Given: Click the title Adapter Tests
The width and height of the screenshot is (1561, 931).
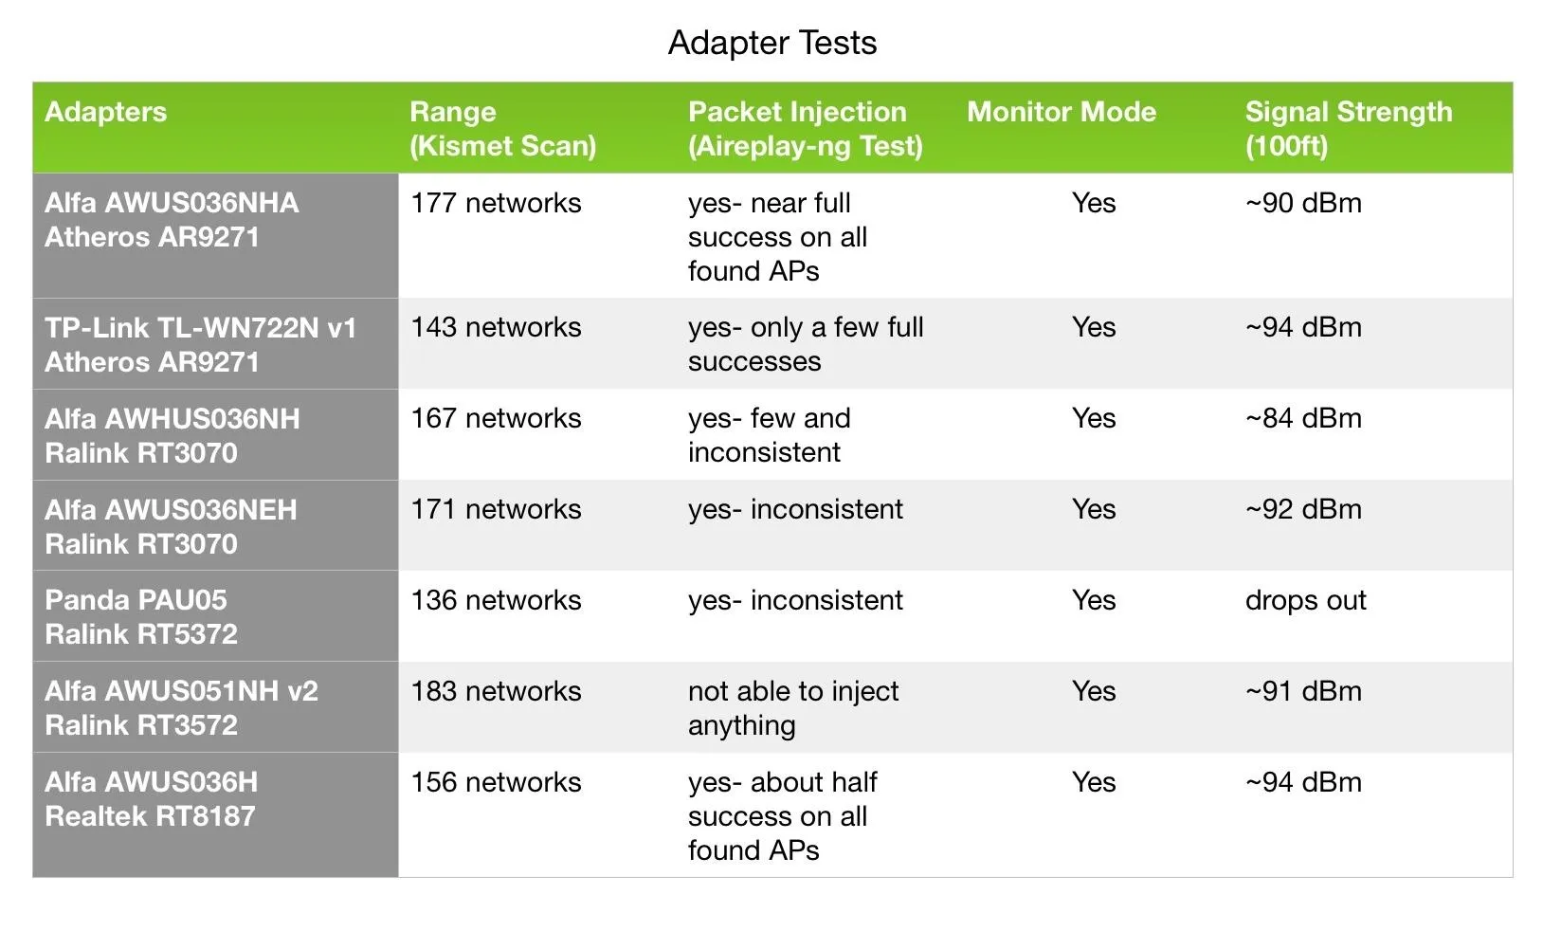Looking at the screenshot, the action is click(x=772, y=43).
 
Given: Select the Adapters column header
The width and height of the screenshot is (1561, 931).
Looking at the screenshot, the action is click(x=106, y=112).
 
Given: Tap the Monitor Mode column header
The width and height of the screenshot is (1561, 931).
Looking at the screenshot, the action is click(x=1062, y=112).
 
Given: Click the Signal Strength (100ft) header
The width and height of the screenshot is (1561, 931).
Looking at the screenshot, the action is click(x=1349, y=129).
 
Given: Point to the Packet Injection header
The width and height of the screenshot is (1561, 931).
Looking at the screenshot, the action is click(x=805, y=129).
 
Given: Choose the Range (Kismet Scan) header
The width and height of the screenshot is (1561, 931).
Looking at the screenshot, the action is click(x=502, y=129).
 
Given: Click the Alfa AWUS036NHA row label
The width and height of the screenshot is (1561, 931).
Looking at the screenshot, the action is click(x=172, y=220).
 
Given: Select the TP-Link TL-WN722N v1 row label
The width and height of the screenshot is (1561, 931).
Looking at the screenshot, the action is click(x=201, y=344).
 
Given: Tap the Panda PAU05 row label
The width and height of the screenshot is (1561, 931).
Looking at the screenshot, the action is click(x=141, y=617).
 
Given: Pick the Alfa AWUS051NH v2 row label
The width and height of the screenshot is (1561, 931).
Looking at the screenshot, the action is click(x=181, y=708).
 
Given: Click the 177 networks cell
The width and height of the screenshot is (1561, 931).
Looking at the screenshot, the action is click(x=496, y=203).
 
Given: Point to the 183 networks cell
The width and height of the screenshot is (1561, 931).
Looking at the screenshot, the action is click(x=496, y=691).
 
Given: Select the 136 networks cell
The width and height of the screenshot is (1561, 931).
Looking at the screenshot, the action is click(x=496, y=600).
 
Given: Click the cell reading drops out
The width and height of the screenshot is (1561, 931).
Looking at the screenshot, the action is click(x=1305, y=600).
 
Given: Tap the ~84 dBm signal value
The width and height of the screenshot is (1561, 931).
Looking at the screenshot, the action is click(x=1303, y=418).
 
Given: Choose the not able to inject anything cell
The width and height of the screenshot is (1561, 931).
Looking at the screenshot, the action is click(x=793, y=708).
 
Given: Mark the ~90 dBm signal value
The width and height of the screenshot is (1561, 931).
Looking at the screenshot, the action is click(x=1303, y=203).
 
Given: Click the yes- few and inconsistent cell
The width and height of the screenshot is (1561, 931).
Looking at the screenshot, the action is click(x=770, y=435).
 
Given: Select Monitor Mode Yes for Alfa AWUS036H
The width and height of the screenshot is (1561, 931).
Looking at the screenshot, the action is click(x=1094, y=782).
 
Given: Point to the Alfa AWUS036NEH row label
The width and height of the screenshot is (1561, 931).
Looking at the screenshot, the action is click(x=171, y=526).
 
